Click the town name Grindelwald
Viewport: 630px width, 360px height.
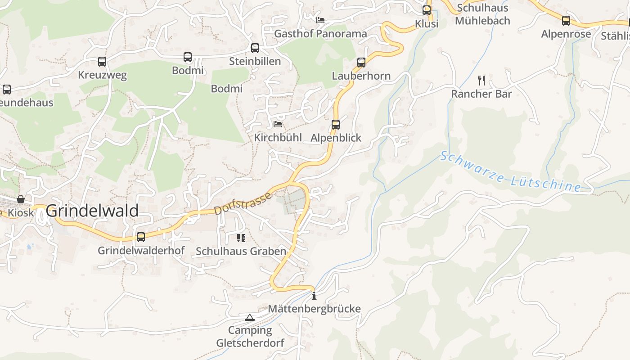92,211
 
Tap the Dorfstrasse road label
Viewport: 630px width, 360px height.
243,203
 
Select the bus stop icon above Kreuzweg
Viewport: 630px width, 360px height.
102,62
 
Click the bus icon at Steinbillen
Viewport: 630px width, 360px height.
255,48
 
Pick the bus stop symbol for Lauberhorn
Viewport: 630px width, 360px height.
361,63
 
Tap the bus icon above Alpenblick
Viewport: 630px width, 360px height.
336,125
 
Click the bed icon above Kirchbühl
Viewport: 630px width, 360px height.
278,124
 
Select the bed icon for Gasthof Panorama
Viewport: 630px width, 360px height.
320,20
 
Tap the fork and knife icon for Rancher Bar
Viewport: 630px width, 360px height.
481,81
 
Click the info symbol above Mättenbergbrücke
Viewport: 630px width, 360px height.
314,296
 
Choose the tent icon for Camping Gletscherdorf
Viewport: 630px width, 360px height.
250,317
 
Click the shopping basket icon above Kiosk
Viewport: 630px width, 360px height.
21,199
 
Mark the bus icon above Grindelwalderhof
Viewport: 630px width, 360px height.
141,237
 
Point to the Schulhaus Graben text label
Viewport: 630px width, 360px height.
241,251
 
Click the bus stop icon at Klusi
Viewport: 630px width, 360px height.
427,10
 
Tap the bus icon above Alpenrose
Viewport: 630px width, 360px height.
566,21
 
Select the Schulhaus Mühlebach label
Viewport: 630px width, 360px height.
482,14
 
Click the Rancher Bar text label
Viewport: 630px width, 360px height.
481,94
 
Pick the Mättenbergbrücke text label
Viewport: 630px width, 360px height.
314,309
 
